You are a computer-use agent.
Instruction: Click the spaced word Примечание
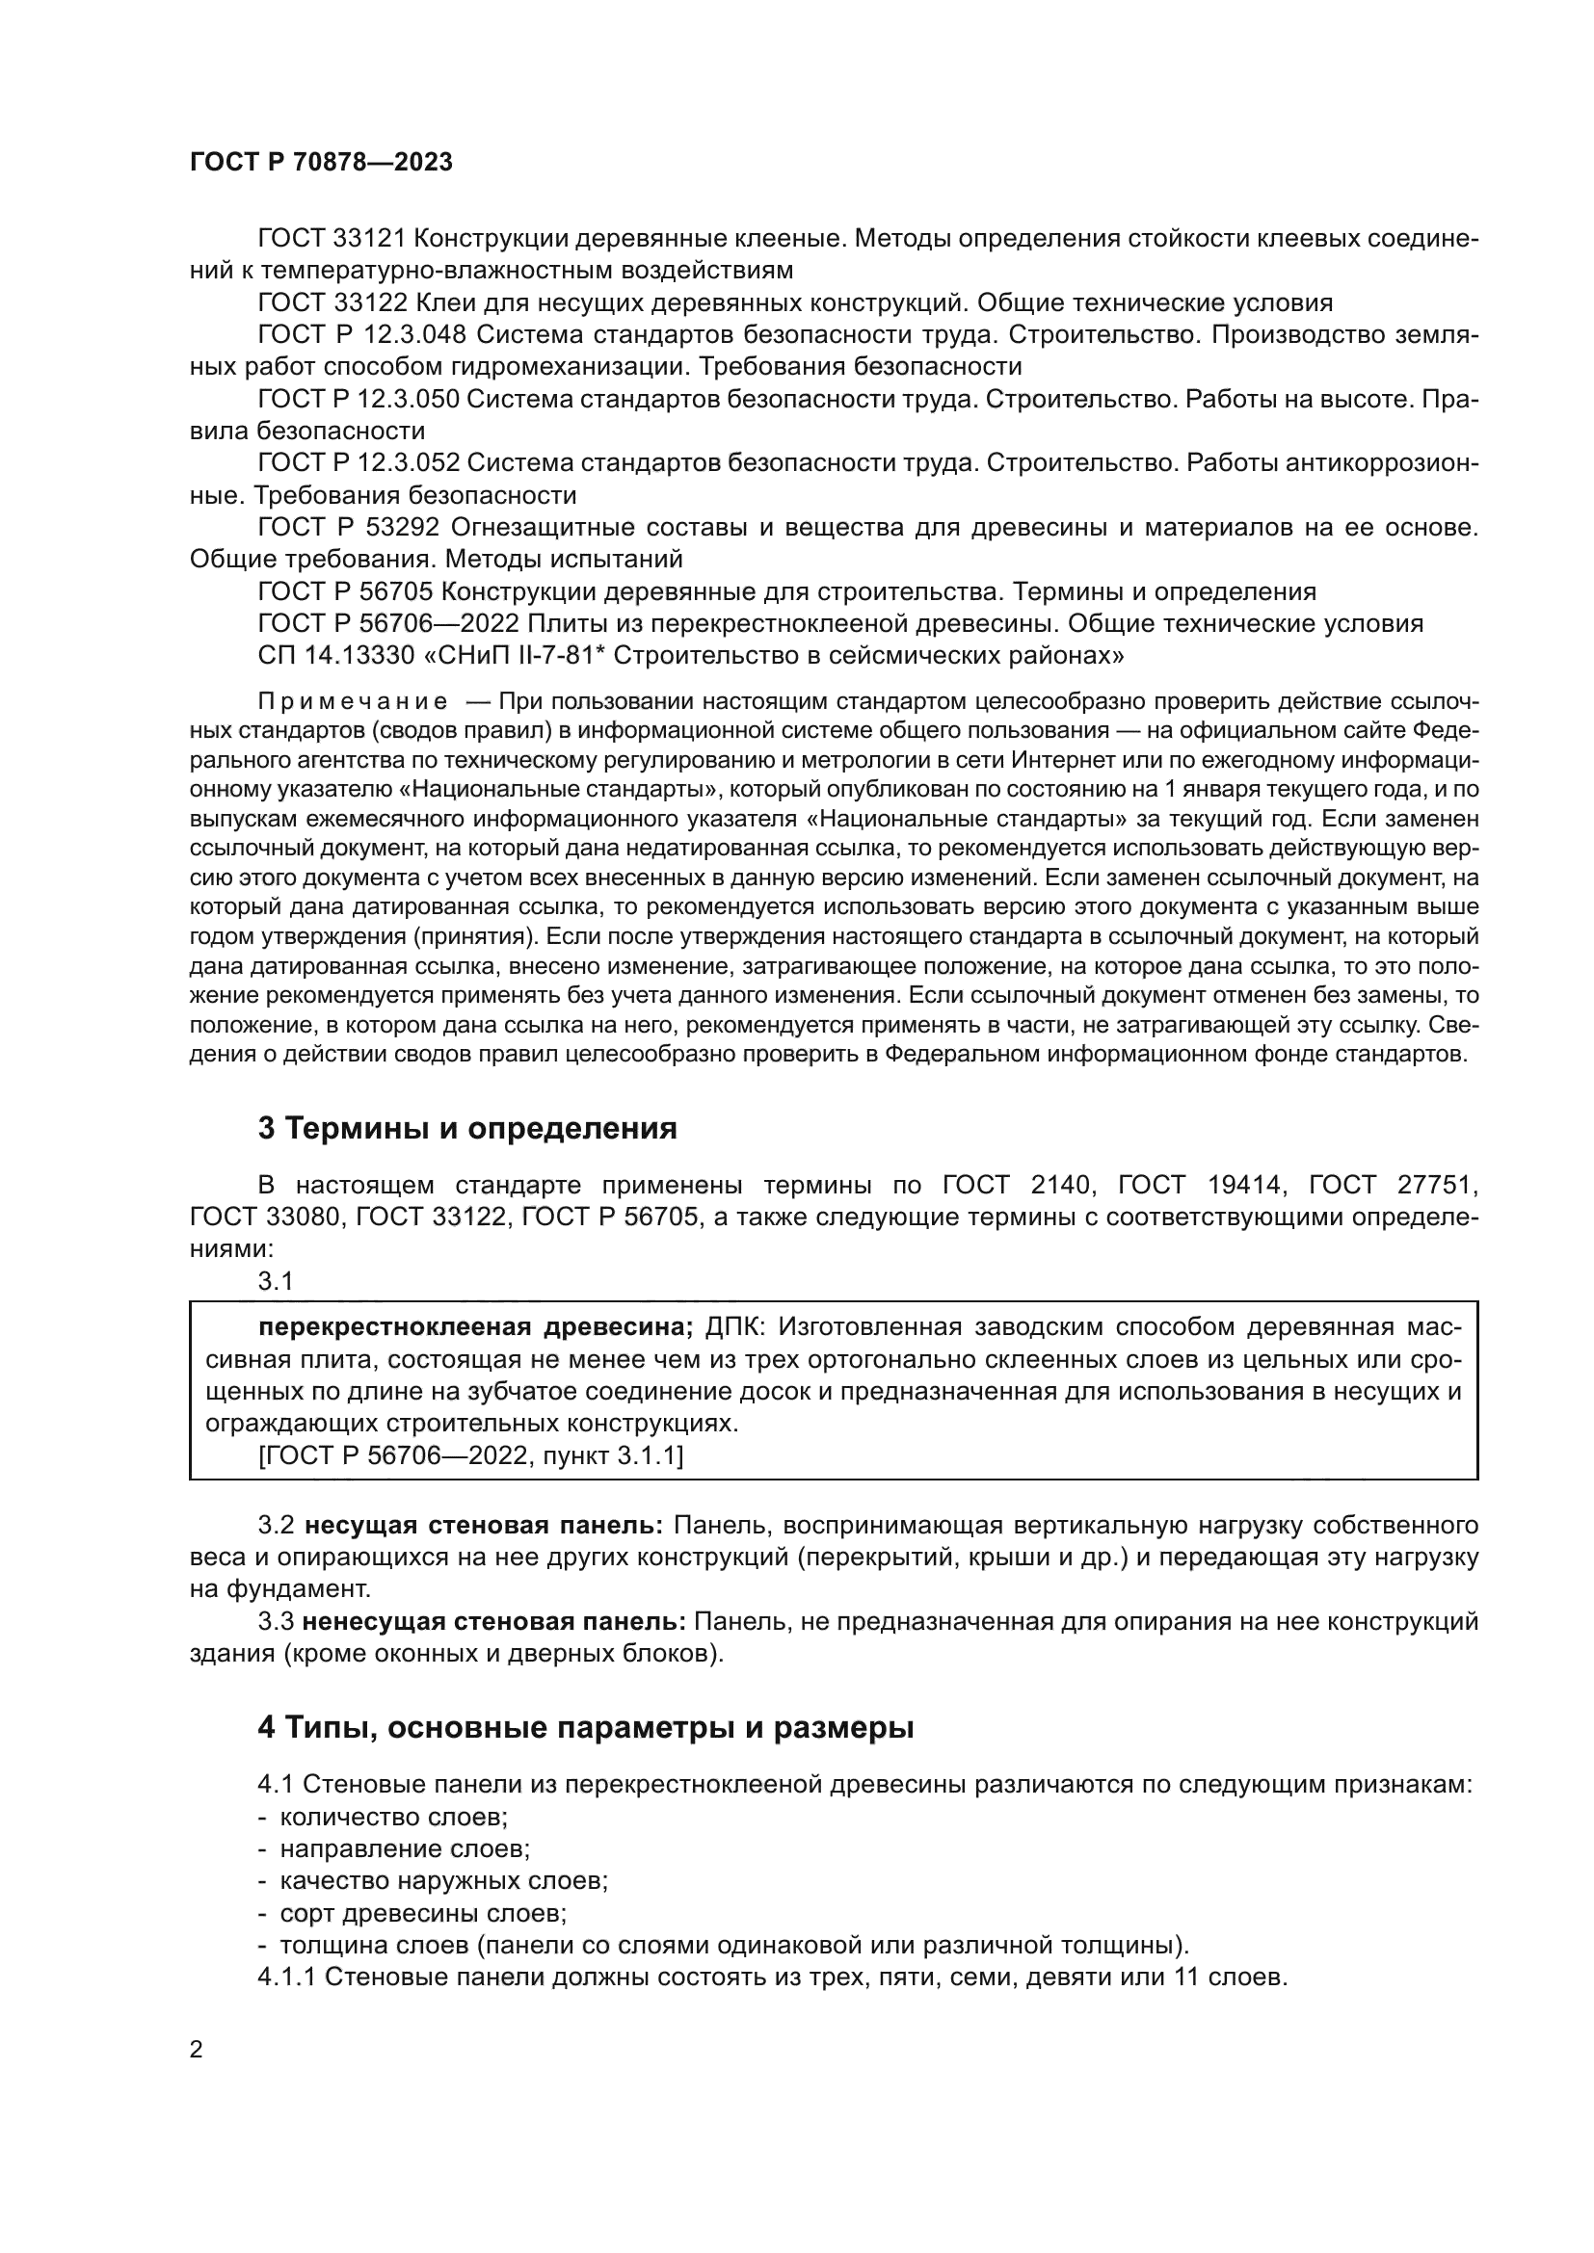pos(353,701)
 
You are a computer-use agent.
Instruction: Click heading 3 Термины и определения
pos(467,1129)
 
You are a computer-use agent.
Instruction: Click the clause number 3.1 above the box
pos(276,1280)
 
